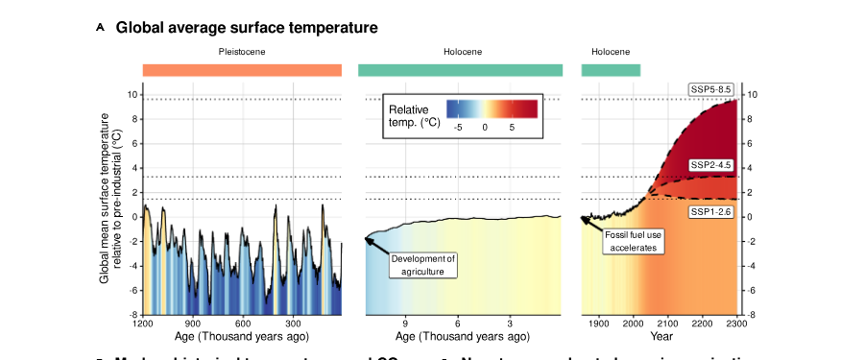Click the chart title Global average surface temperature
[247, 28]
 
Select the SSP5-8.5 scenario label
[711, 89]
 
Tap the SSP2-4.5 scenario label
[711, 164]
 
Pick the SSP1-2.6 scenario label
[711, 211]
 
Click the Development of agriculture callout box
[423, 265]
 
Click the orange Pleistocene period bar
[242, 70]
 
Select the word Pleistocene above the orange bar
[242, 51]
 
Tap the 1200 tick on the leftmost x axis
[144, 324]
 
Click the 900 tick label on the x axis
[193, 324]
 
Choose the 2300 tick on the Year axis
[736, 324]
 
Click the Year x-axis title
[660, 337]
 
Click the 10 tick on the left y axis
[134, 94]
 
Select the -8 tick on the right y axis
[752, 315]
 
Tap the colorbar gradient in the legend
[492, 108]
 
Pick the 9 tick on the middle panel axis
[405, 324]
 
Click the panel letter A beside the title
[101, 28]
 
